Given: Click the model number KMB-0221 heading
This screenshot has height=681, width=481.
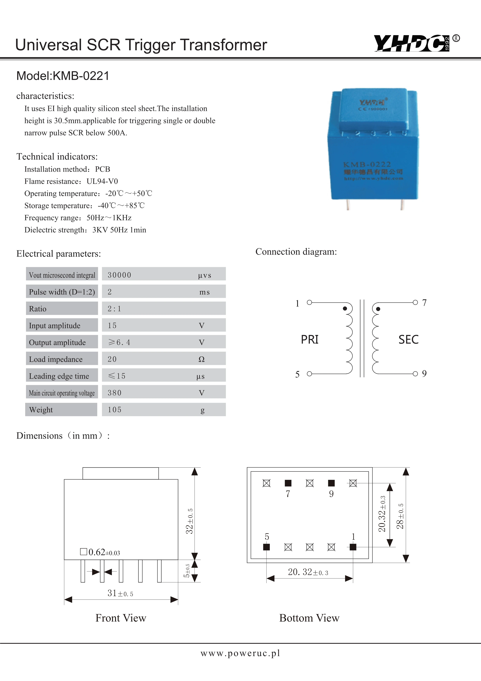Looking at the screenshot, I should tap(63, 76).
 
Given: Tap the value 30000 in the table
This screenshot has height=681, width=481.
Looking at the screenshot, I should tap(119, 275).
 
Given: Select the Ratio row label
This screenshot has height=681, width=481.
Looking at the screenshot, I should tap(38, 309).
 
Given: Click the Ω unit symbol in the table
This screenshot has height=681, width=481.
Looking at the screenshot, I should tap(201, 359).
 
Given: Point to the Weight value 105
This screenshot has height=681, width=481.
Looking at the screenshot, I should tap(115, 410).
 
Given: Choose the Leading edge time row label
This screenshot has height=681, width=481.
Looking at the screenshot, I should tap(59, 376).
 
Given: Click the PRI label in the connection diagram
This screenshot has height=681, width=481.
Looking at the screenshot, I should tap(310, 339).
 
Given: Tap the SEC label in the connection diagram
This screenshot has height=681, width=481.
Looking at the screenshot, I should tap(408, 339).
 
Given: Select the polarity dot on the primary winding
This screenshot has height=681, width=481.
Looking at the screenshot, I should tap(345, 309).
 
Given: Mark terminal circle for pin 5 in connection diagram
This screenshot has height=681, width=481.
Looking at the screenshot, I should tap(309, 374).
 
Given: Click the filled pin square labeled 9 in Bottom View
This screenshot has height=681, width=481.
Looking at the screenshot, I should tap(331, 483).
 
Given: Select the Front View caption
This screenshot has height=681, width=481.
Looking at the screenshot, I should tap(121, 618).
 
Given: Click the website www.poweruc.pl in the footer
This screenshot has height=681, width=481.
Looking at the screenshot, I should tap(240, 653).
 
